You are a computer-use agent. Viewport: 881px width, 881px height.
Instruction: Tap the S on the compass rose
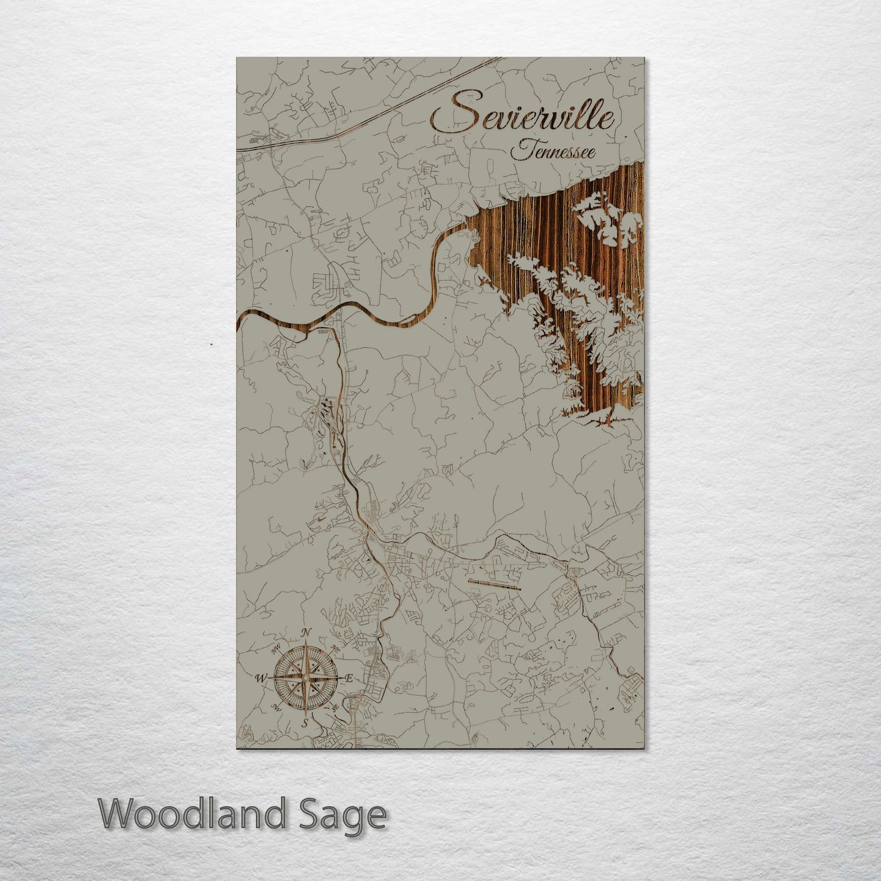click(x=305, y=723)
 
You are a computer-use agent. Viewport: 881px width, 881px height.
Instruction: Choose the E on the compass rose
click(x=349, y=678)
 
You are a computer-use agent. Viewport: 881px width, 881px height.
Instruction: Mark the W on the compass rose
click(x=260, y=677)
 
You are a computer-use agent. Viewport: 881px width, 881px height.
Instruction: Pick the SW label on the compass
click(x=276, y=707)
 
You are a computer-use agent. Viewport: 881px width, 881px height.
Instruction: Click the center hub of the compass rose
click(x=305, y=677)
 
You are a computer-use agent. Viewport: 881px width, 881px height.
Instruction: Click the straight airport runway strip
click(x=494, y=585)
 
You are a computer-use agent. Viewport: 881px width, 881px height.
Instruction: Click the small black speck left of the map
click(x=211, y=345)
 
